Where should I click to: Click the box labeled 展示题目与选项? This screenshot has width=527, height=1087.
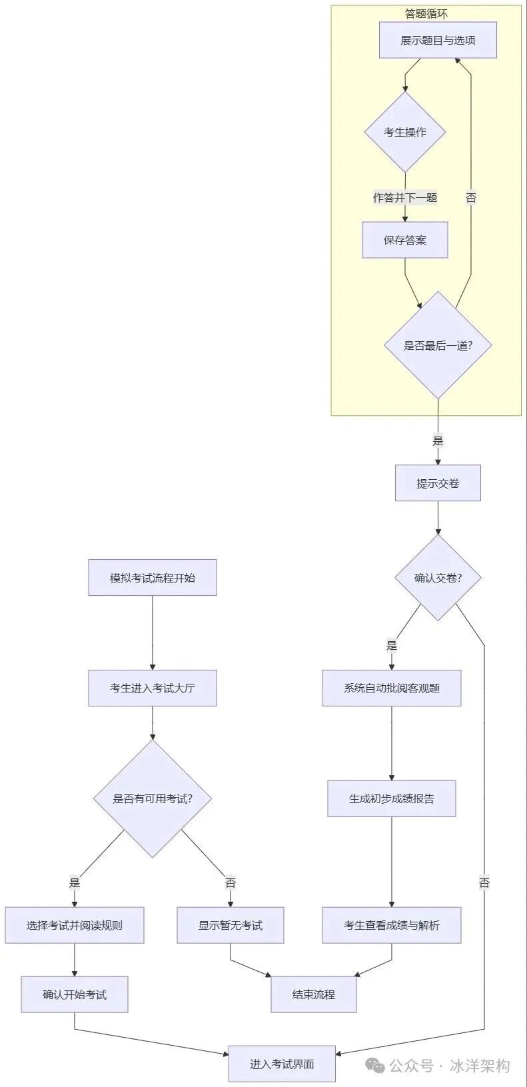[x=438, y=41]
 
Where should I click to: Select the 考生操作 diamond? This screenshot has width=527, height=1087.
[x=404, y=132]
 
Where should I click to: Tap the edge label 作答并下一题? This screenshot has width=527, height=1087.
[x=404, y=197]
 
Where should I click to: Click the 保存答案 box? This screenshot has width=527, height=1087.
[x=404, y=240]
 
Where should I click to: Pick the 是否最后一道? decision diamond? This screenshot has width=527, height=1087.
[x=438, y=345]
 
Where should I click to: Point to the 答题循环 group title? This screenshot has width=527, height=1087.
[x=426, y=13]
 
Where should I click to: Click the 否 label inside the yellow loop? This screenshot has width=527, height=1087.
[x=471, y=197]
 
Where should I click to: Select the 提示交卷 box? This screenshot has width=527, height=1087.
[x=438, y=483]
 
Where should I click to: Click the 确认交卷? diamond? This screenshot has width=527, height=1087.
[x=438, y=578]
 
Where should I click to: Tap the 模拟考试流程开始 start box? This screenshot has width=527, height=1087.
[x=153, y=578]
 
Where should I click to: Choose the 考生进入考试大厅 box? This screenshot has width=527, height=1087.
[x=153, y=688]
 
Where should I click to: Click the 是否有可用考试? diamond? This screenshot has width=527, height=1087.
[x=153, y=798]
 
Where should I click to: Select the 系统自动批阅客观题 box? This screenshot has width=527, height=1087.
[x=391, y=688]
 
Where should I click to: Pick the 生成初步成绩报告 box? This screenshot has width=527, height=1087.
[x=391, y=798]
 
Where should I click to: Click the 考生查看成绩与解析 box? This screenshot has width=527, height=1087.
[x=391, y=925]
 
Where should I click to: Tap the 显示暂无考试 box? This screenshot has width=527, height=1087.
[x=231, y=925]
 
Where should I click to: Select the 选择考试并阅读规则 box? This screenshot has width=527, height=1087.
[x=75, y=925]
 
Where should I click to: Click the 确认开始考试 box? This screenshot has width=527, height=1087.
[x=75, y=994]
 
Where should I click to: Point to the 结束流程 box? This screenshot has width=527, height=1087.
[x=313, y=994]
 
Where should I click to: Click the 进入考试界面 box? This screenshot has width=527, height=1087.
[x=282, y=1064]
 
